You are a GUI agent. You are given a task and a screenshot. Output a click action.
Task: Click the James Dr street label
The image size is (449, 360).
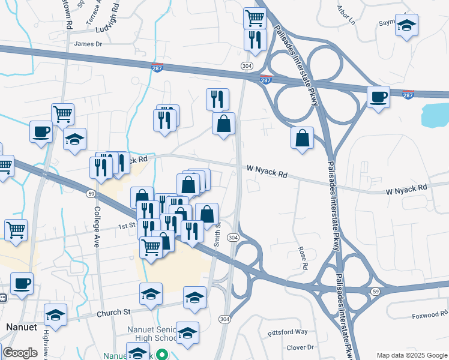(88, 44)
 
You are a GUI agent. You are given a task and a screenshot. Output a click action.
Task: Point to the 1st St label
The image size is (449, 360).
(126, 226)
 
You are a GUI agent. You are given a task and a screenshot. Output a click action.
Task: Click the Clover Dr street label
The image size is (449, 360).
(300, 347)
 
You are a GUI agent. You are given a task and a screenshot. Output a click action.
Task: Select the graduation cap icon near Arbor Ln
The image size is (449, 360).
(406, 25)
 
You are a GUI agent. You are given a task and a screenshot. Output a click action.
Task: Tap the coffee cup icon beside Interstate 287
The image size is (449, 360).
(378, 97)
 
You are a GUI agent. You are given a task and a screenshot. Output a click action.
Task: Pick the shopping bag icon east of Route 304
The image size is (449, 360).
(302, 137)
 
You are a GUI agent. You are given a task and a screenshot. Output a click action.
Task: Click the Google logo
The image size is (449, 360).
(20, 353)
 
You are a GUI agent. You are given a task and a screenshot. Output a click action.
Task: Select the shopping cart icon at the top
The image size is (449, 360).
(255, 18)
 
